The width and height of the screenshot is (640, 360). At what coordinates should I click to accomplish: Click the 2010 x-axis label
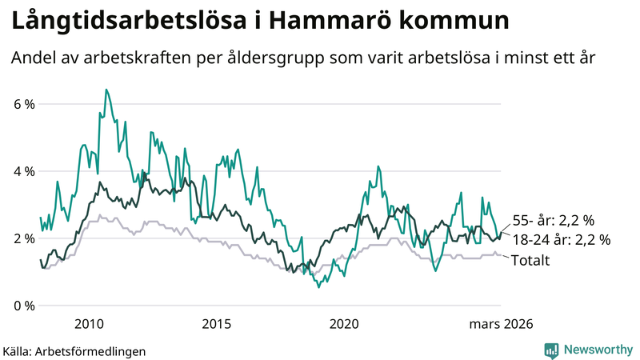pos(89,324)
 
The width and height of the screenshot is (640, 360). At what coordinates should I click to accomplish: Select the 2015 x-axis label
pos(217,324)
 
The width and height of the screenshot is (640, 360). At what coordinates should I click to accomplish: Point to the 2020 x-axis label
pos(345,324)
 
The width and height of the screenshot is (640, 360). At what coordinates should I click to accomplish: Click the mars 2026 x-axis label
pos(501,324)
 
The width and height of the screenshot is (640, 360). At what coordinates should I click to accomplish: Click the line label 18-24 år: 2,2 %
pos(562,239)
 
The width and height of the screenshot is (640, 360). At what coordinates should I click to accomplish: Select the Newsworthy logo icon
pos(551,350)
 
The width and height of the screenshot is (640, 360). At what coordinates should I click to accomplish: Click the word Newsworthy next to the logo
pos(597,350)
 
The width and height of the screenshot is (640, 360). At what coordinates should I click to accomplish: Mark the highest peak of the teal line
pos(106,90)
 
